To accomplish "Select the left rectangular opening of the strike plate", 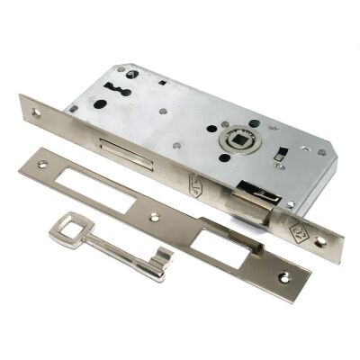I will tap(94, 191).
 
